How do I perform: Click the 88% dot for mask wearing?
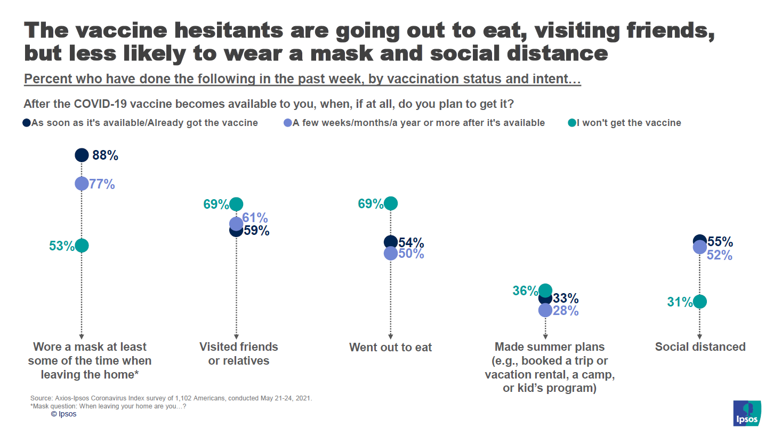82,155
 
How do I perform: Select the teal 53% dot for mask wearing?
82,246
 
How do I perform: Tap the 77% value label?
102,184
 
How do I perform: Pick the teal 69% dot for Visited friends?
236,204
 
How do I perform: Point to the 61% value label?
255,218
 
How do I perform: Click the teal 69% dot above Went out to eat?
391,203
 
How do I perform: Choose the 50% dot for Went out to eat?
391,254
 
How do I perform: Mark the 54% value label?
412,243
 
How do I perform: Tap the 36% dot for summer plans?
545,290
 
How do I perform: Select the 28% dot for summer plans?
545,310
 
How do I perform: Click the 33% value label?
566,298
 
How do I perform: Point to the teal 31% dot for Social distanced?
700,302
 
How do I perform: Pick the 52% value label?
720,255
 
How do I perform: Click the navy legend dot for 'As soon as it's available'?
27,123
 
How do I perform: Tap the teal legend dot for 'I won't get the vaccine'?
572,123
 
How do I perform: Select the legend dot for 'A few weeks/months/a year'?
288,123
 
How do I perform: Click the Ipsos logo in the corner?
747,413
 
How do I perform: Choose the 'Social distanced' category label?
700,347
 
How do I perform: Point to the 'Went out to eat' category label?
391,348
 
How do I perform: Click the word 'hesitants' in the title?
229,30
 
